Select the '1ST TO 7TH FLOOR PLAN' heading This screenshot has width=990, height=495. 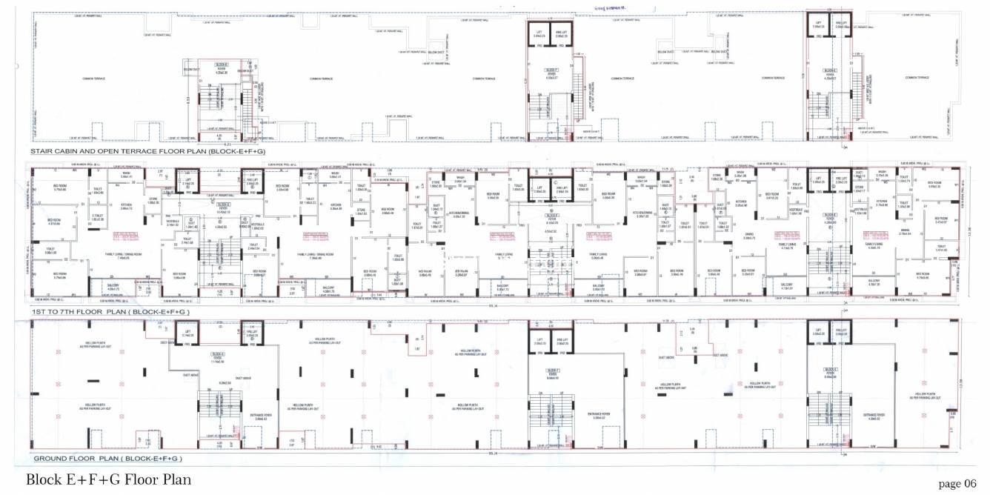110,313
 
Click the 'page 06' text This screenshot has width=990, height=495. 957,483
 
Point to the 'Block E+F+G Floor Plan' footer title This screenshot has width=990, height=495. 108,479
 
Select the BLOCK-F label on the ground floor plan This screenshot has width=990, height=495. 552,369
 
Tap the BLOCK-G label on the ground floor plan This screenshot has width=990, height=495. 830,369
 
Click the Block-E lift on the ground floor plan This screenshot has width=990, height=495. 167,335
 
